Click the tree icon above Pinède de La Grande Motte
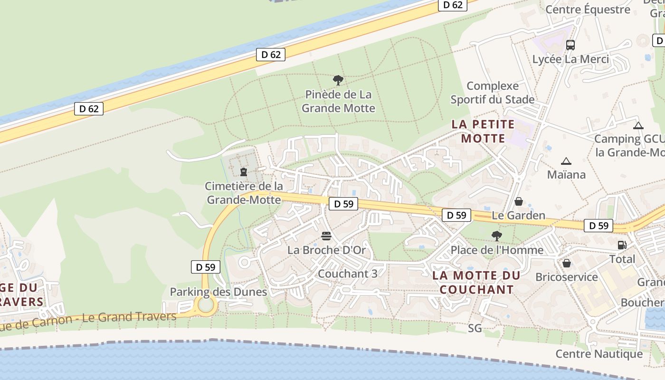338,80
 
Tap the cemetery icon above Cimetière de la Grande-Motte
244,171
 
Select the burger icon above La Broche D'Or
326,236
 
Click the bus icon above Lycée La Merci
570,45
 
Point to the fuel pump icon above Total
622,245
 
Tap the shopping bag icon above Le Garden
518,201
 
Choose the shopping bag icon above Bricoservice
566,263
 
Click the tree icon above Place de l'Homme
496,236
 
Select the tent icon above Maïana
566,161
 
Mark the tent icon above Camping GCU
638,126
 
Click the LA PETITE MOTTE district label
483,132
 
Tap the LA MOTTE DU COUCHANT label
476,283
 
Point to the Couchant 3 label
348,274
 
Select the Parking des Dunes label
218,292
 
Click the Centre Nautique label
599,354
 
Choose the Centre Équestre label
588,9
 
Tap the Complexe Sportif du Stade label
493,93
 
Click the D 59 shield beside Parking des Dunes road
206,267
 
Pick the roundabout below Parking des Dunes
206,305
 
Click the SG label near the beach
475,328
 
